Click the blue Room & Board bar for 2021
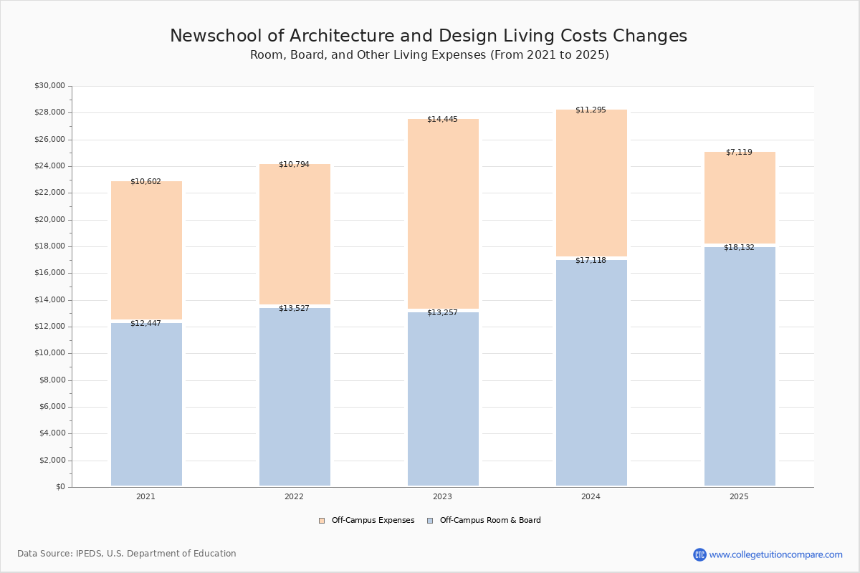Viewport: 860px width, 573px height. point(146,405)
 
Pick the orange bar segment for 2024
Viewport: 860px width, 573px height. point(591,183)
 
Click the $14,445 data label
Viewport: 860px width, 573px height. point(442,119)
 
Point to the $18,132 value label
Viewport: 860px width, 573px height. point(739,247)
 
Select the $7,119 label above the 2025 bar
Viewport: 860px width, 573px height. point(739,152)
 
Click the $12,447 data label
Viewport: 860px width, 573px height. point(145,323)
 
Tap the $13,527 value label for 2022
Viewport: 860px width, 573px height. point(294,308)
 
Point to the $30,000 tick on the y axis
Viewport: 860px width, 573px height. point(49,86)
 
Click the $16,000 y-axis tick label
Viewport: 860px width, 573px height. point(49,273)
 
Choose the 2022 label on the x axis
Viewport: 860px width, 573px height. point(294,496)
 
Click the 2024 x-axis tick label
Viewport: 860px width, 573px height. point(591,496)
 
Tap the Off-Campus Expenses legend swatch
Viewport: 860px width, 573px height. point(322,521)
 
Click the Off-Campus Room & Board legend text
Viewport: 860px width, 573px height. point(490,521)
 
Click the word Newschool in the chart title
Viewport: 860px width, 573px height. point(204,36)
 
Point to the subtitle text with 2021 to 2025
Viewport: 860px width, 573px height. point(429,55)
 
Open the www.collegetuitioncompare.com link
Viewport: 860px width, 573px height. point(775,554)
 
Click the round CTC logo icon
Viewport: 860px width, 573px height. point(699,554)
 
